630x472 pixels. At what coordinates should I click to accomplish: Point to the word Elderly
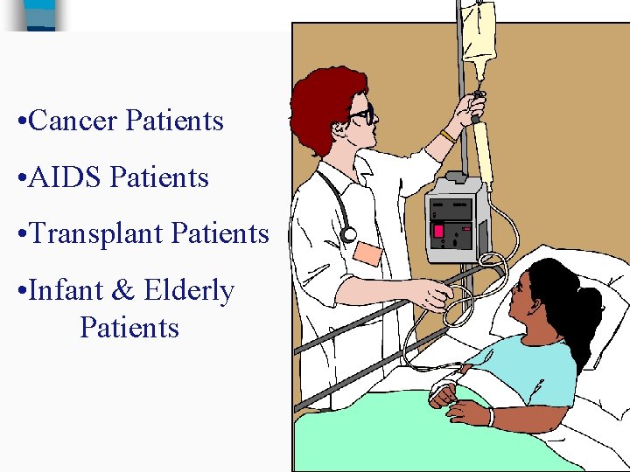click(189, 291)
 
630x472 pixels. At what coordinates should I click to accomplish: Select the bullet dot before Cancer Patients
click(21, 121)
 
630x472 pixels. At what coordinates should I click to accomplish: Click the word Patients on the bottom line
click(129, 329)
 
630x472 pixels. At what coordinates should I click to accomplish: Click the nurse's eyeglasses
click(361, 115)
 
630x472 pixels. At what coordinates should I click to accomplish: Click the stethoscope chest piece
click(349, 234)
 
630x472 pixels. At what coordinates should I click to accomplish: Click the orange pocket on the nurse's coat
click(368, 254)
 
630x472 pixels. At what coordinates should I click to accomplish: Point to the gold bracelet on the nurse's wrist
click(447, 136)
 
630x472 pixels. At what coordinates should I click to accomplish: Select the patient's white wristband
click(490, 418)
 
